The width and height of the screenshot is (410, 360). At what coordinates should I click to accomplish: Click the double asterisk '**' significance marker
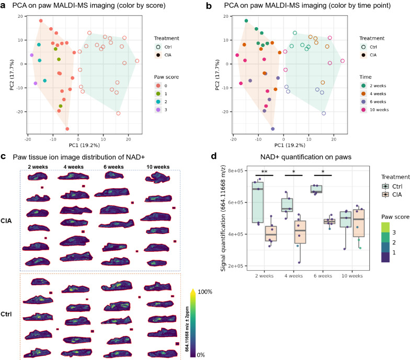(265, 171)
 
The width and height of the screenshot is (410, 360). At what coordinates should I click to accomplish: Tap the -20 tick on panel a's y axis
(19, 111)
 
